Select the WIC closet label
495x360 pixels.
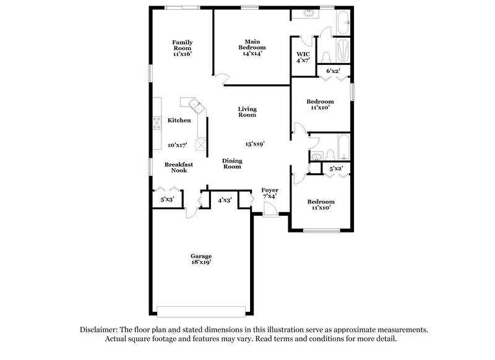coord(303,54)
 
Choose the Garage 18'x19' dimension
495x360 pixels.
coord(201,263)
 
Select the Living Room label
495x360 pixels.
coord(247,112)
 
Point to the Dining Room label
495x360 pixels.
coord(232,163)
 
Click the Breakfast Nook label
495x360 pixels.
coord(179,167)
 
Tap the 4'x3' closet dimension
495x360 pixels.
coord(224,200)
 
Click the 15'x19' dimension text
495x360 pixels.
coord(255,144)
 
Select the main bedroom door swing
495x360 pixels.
coord(222,78)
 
